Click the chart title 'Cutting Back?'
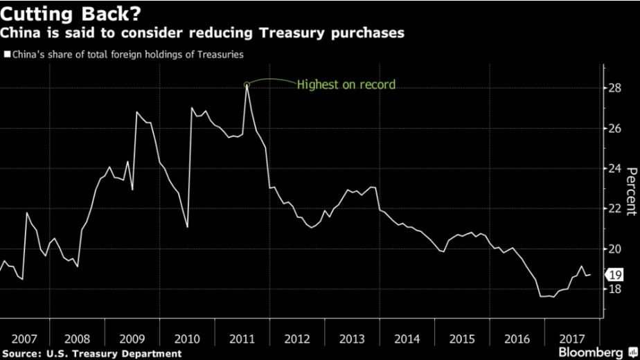[x=70, y=13]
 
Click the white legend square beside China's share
[x=7, y=53]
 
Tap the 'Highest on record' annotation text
[x=346, y=85]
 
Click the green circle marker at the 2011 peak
[x=247, y=84]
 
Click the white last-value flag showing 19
[x=614, y=274]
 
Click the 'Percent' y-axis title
[x=631, y=192]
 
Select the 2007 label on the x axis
[x=24, y=339]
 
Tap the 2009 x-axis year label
[x=132, y=339]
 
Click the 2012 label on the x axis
[x=297, y=339]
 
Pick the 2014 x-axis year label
[x=407, y=339]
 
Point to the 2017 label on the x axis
[x=571, y=339]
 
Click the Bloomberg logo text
[x=594, y=352]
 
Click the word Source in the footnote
[x=20, y=353]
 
